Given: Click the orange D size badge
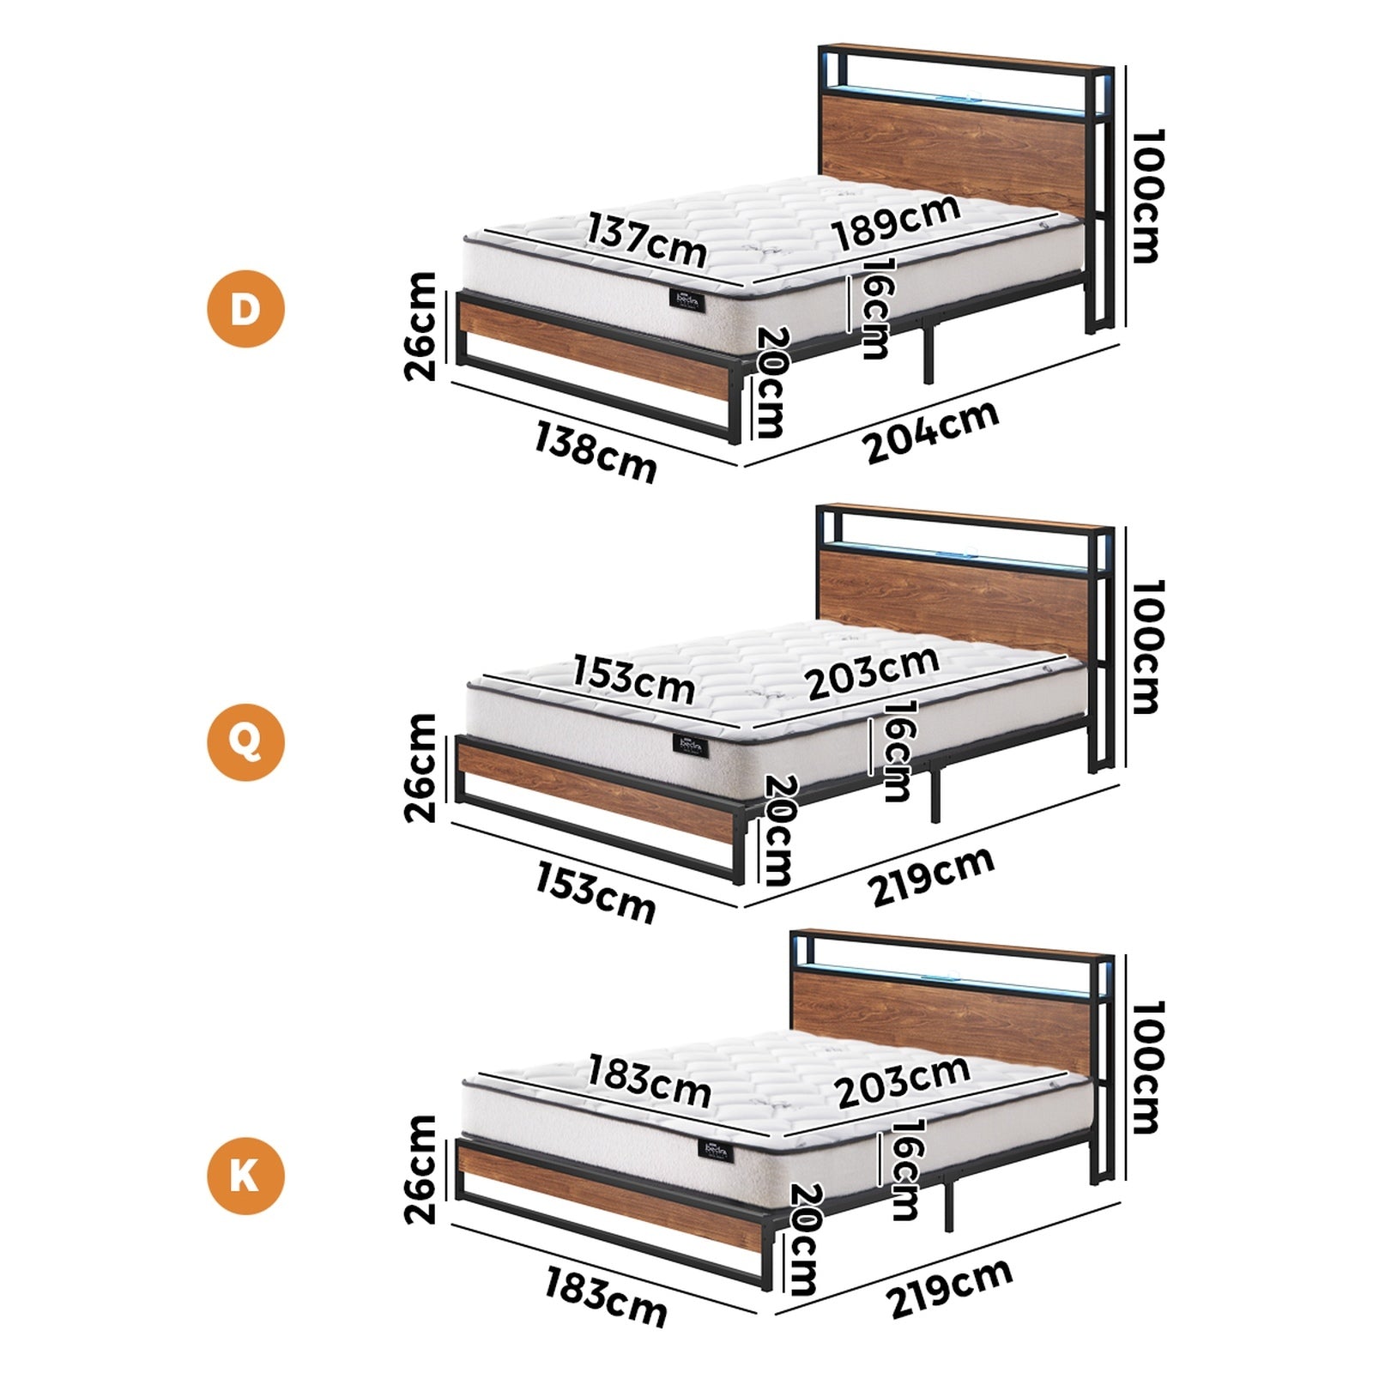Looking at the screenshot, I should point(245,308).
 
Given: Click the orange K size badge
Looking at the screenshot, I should point(245,1175).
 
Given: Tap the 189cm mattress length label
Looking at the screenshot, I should point(896,223).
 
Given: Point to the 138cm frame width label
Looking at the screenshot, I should point(595,451).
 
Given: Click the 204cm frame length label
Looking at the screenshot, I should point(932,432).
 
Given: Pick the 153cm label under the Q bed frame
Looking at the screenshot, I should point(595,892).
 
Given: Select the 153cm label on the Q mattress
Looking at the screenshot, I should point(633,678).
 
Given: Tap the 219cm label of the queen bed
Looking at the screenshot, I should point(933,874).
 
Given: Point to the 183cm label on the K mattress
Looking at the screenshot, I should point(649,1083).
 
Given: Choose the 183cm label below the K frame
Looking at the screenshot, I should point(606,1297).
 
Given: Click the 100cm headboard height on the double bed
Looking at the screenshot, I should point(1146,196).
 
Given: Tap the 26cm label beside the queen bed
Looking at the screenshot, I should point(420,767).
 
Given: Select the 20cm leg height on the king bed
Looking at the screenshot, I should point(805,1238).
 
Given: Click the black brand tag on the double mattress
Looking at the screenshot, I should point(686,300).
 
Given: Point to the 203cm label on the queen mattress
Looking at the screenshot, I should point(872,672).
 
